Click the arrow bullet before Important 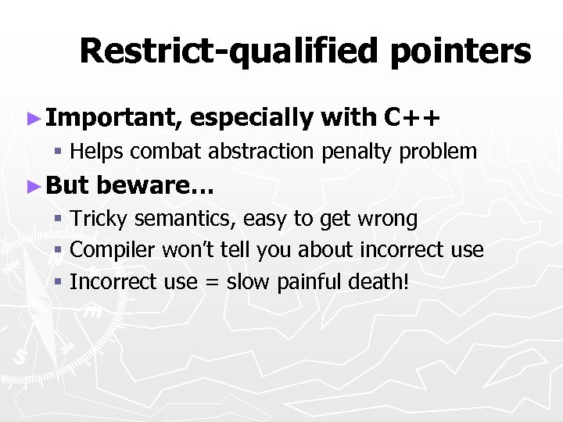[x=32, y=119]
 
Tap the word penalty [x=359, y=152]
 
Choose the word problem [x=439, y=151]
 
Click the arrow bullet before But [x=32, y=186]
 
